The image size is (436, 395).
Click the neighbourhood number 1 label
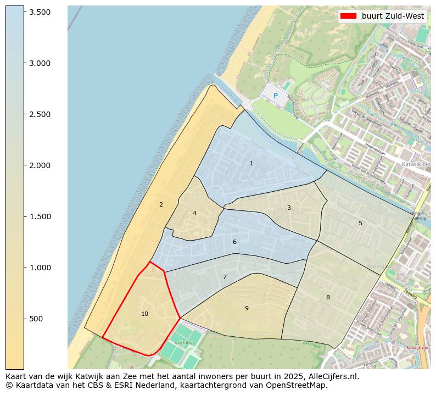[x=251, y=163]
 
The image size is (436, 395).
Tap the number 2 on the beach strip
[x=161, y=204]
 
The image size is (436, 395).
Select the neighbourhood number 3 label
[x=289, y=208]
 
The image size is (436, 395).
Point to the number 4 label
[x=194, y=213]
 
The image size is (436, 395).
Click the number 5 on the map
[x=360, y=223]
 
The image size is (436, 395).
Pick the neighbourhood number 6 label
[x=234, y=242]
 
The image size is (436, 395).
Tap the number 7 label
[x=225, y=277]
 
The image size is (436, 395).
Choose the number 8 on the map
[x=328, y=297]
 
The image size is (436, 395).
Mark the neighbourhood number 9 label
[x=247, y=308]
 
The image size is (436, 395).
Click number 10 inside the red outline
[x=144, y=314]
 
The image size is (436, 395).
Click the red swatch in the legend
[x=348, y=16]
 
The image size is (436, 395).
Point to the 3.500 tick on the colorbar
[x=40, y=12]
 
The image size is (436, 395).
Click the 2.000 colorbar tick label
[x=40, y=165]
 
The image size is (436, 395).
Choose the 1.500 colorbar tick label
[x=40, y=216]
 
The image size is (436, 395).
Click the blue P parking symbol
[x=276, y=96]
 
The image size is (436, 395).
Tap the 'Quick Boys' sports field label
[x=185, y=342]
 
